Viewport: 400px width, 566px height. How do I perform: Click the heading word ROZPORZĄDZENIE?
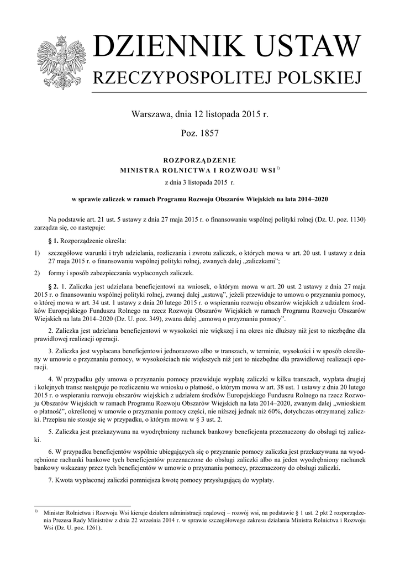(199, 160)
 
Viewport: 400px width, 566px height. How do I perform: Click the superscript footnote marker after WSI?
(278, 169)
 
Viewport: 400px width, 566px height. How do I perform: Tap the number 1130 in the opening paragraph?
(354, 218)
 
